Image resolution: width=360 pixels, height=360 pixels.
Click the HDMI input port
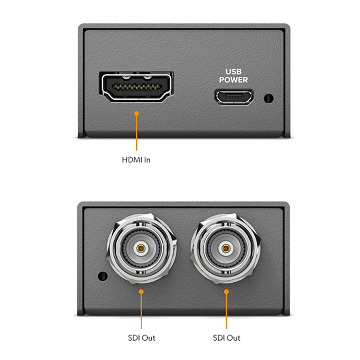[137, 86]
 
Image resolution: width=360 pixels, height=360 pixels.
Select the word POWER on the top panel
[233, 80]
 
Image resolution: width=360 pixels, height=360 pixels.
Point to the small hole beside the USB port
[269, 99]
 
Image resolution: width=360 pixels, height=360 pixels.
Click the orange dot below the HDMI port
[137, 114]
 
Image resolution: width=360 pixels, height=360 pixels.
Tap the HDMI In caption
[136, 159]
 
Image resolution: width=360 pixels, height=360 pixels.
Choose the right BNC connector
[225, 249]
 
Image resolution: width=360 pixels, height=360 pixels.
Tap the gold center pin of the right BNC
[225, 249]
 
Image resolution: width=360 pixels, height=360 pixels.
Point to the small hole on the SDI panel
[101, 276]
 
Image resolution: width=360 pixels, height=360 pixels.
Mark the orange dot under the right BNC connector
[225, 291]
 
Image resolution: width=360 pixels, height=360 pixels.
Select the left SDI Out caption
[141, 339]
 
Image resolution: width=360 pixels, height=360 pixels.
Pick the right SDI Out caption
[225, 339]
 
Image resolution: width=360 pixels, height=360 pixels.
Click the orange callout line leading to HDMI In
[137, 134]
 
